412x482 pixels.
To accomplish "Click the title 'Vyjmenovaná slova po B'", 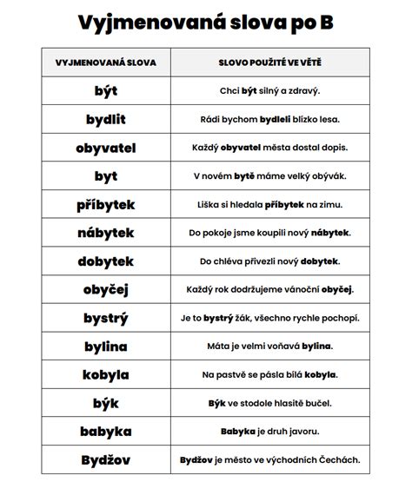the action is pyautogui.click(x=206, y=21).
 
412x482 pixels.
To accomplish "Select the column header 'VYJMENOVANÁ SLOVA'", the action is pyautogui.click(x=106, y=63).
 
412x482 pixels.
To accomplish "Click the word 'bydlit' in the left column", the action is pyautogui.click(x=106, y=119).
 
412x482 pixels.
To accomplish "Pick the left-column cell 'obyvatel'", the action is pyautogui.click(x=106, y=148).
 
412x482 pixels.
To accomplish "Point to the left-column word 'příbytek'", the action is pyautogui.click(x=106, y=204).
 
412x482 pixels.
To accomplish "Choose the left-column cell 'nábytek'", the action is pyautogui.click(x=106, y=233).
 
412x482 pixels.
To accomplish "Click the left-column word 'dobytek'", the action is pyautogui.click(x=106, y=261).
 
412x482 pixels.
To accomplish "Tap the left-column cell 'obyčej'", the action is pyautogui.click(x=106, y=290).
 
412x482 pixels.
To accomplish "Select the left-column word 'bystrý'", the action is pyautogui.click(x=106, y=318).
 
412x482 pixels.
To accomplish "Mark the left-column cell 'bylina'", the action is pyautogui.click(x=106, y=347).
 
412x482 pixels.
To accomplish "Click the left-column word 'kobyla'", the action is pyautogui.click(x=106, y=374).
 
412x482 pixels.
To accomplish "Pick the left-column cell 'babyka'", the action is pyautogui.click(x=106, y=431).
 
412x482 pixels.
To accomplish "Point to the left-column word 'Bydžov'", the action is pyautogui.click(x=106, y=459).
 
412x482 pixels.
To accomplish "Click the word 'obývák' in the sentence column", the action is pyautogui.click(x=326, y=176).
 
